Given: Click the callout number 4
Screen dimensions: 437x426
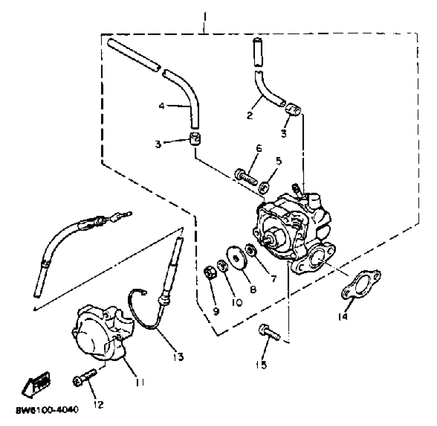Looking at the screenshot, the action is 162,106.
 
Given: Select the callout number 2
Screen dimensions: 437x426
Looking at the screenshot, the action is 249,115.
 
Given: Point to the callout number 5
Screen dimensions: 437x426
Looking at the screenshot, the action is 278,161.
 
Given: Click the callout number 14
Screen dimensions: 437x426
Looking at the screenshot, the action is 343,316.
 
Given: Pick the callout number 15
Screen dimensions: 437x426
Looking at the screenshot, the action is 262,365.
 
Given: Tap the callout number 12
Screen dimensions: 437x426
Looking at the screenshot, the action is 99,404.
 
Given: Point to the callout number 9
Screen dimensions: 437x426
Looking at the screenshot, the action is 216,311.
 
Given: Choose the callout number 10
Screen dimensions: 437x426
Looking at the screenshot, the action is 237,302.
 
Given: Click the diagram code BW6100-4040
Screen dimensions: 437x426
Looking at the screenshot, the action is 47,410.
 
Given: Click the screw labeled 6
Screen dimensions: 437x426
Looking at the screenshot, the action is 246,177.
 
